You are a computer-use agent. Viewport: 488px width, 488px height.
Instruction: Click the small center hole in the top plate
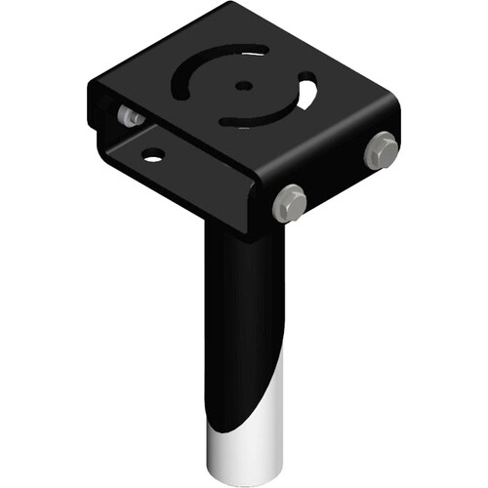[241, 86]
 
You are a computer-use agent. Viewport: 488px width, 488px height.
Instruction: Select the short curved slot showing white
[307, 95]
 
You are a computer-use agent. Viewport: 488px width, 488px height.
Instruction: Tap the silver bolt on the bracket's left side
[128, 115]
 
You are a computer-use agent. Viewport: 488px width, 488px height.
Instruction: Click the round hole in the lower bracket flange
[152, 153]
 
